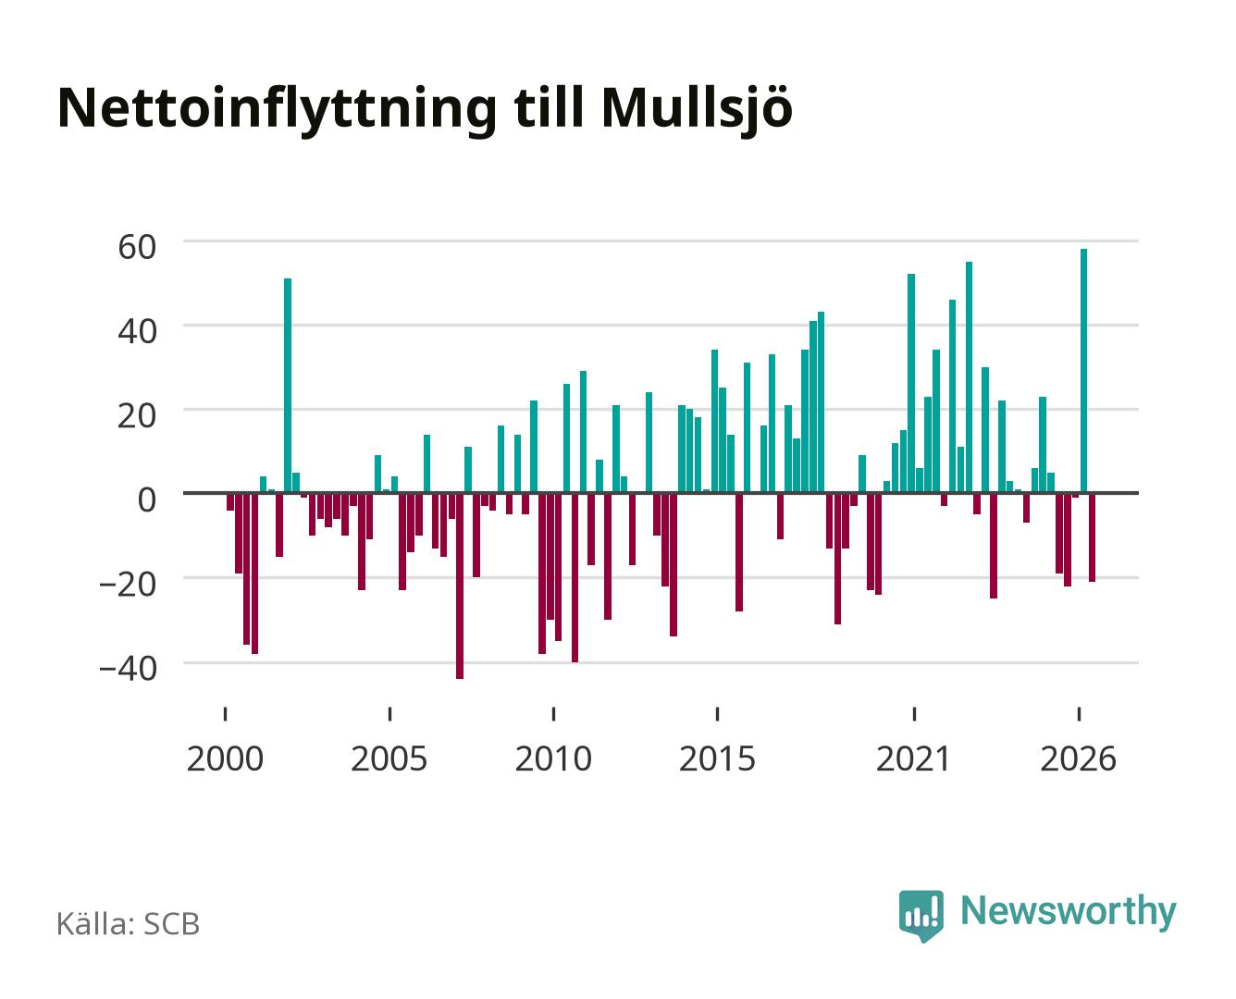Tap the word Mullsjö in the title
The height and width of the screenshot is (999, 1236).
coord(697,110)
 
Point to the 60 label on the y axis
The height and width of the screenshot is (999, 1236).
coord(137,247)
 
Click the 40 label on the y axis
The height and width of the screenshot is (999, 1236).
coord(137,332)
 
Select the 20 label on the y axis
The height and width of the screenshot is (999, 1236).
coord(137,416)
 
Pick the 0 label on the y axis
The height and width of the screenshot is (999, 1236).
coord(147,500)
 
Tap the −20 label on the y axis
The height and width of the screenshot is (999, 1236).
coord(128,585)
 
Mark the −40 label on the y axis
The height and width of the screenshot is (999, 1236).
coord(128,669)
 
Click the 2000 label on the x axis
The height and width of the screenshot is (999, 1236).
coord(225,758)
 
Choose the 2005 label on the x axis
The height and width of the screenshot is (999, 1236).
coord(389,758)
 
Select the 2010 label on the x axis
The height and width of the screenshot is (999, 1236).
coord(553,758)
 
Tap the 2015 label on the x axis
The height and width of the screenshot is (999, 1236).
coord(718,758)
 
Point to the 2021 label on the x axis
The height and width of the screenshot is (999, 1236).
coord(914,758)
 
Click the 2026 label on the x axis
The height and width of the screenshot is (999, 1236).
coord(1079,758)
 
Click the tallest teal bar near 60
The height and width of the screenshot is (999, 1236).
coord(1083,371)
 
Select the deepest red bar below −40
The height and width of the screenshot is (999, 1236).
coord(460,586)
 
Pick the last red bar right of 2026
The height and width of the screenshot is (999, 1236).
coord(1092,537)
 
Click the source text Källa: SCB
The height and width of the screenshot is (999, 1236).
coord(129,924)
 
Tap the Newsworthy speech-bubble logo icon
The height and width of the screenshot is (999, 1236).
coord(921,916)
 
